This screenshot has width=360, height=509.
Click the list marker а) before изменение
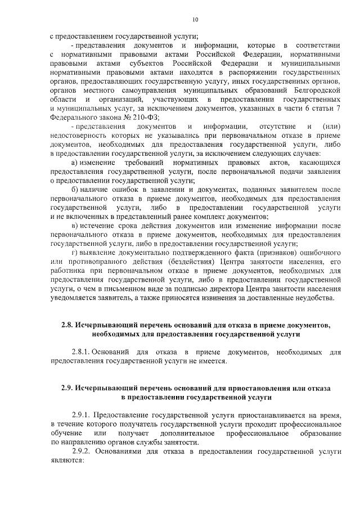(75, 163)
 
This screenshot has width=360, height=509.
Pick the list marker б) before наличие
(75, 190)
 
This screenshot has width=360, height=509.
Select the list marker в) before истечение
(75, 226)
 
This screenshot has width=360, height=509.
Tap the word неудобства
(315, 298)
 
